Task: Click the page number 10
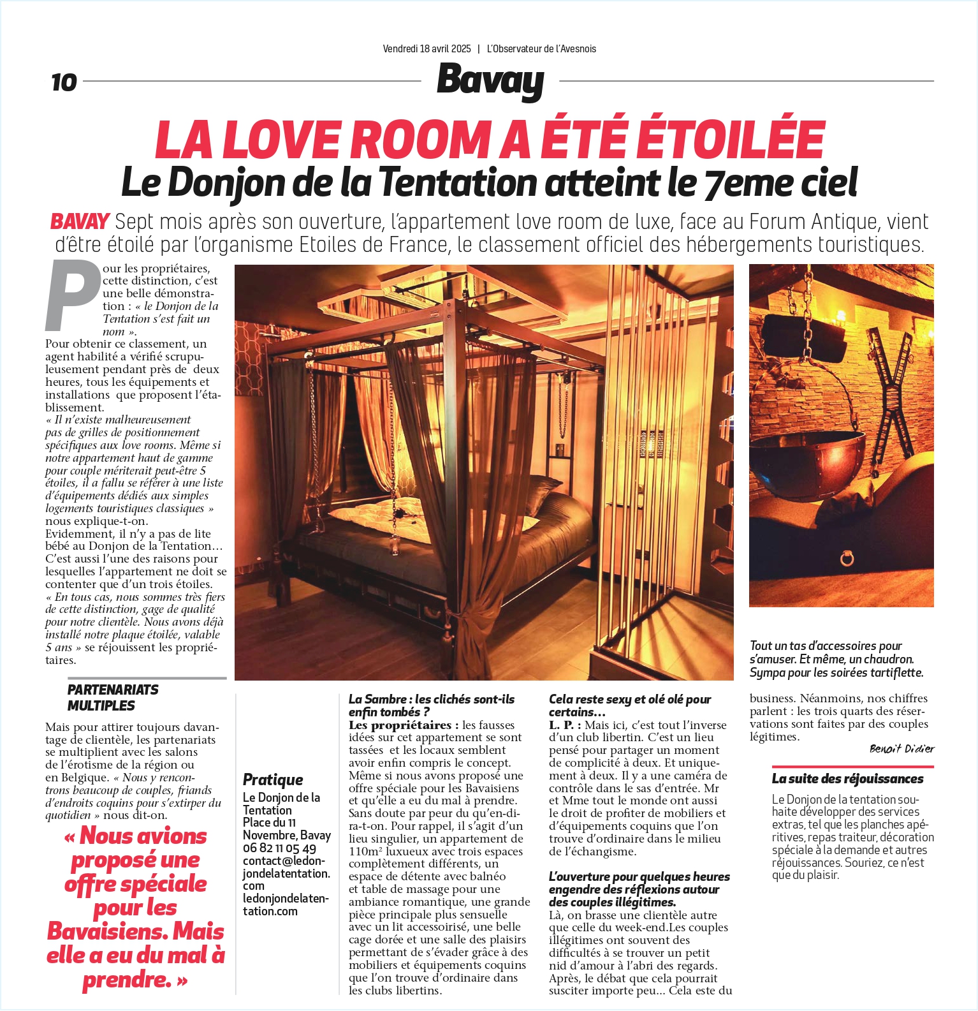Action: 64,82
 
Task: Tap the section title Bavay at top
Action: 490,81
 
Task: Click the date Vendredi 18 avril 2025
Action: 427,48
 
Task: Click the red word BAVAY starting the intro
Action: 80,222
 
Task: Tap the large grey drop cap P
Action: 72,295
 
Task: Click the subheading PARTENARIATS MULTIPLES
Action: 113,697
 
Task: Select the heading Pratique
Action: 273,779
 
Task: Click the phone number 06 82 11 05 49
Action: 279,848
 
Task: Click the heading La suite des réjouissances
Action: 847,779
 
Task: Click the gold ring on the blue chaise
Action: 847,559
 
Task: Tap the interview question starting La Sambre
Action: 431,705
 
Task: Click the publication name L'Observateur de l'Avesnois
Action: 541,48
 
